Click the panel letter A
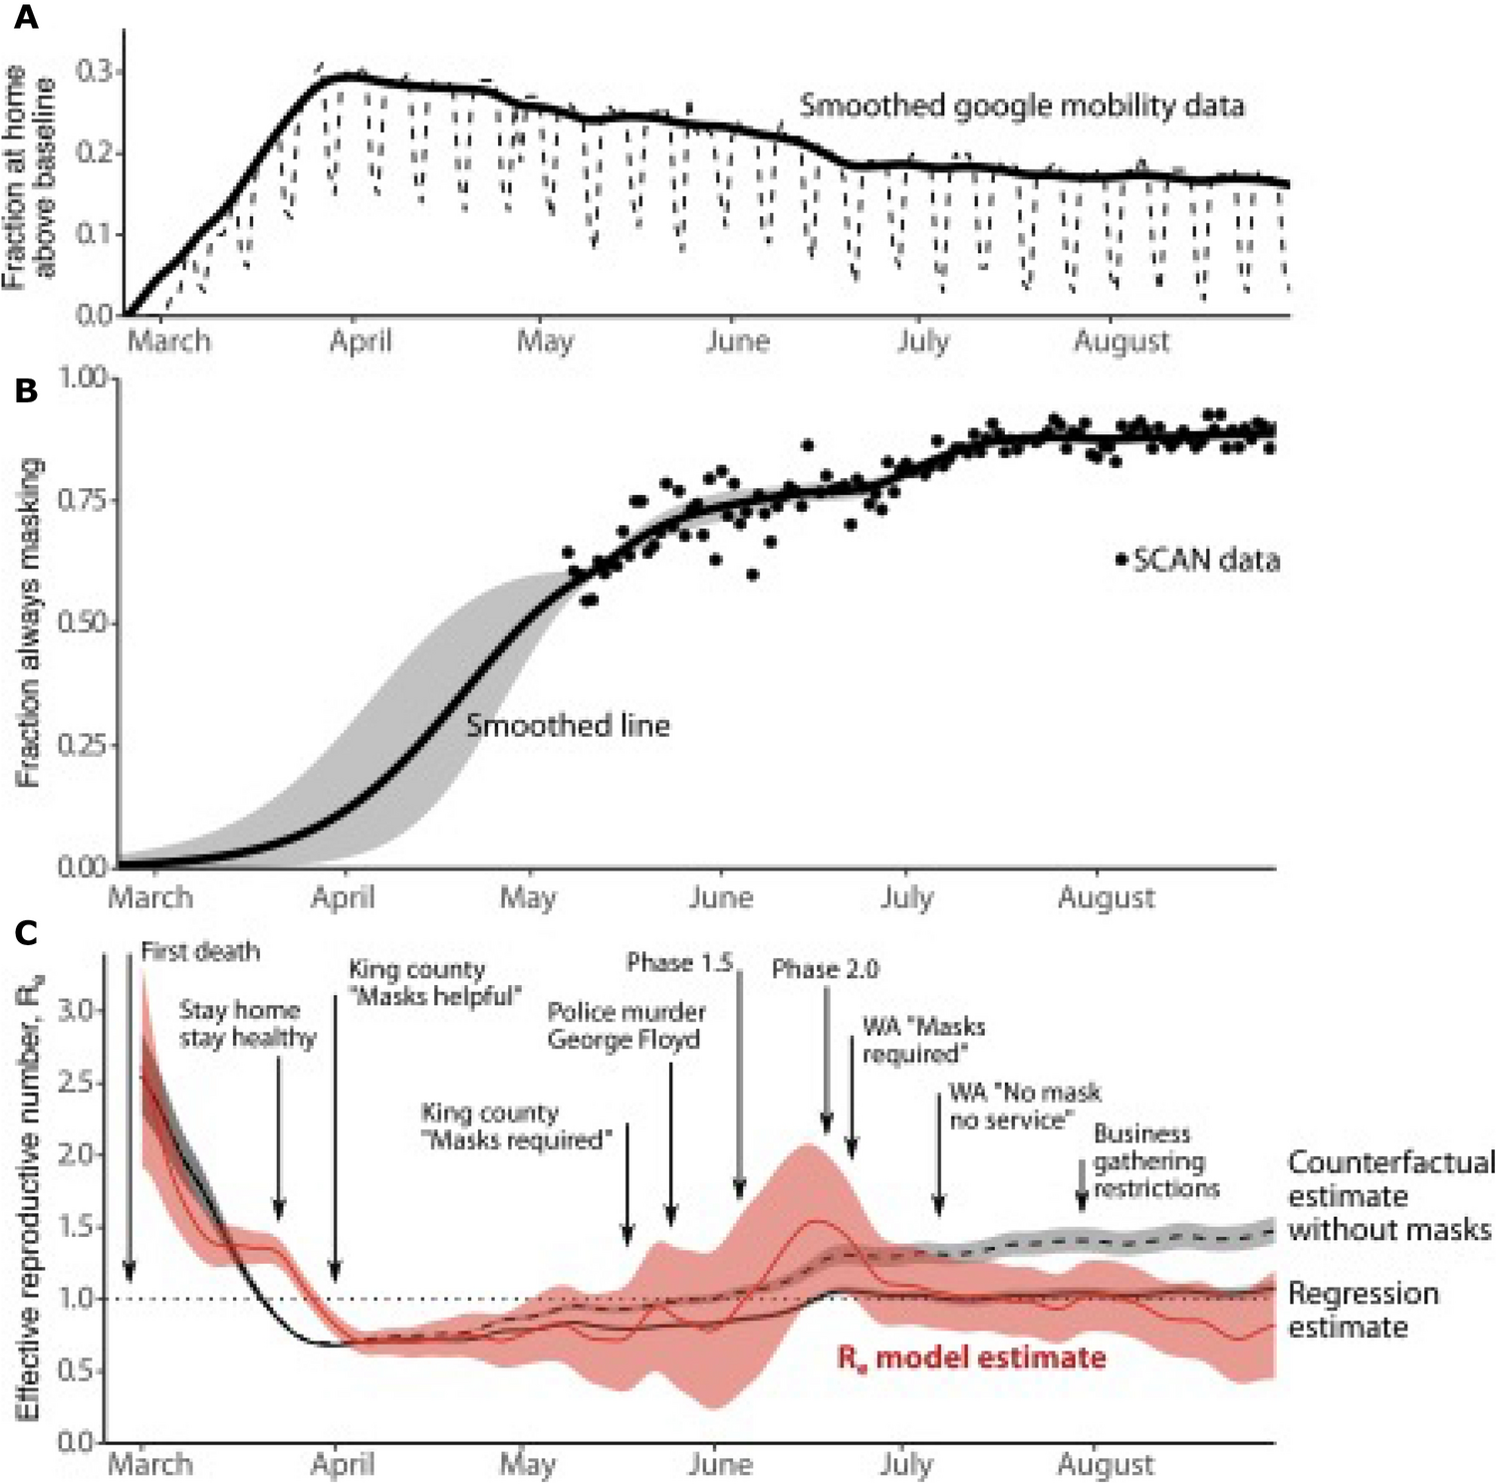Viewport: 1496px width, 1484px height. pos(25,17)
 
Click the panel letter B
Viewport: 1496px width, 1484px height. pos(25,390)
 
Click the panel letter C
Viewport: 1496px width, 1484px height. pos(25,933)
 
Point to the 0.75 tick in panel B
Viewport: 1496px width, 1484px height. pos(85,499)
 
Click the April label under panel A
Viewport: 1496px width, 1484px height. pos(360,342)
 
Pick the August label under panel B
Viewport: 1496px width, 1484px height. pos(1106,897)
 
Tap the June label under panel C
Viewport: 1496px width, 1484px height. pos(720,1464)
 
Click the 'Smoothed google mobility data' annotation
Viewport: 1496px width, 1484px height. pos(1022,106)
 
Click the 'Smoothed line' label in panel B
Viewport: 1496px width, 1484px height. pos(568,725)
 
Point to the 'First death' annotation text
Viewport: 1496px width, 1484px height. pos(199,951)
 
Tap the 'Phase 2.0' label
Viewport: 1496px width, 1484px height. pos(825,969)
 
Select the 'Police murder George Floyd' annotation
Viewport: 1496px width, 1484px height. pos(625,1026)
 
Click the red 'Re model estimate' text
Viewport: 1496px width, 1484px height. pos(970,1358)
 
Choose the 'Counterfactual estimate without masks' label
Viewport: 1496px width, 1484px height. pos(1390,1195)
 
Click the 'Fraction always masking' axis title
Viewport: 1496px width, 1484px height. pos(30,621)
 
